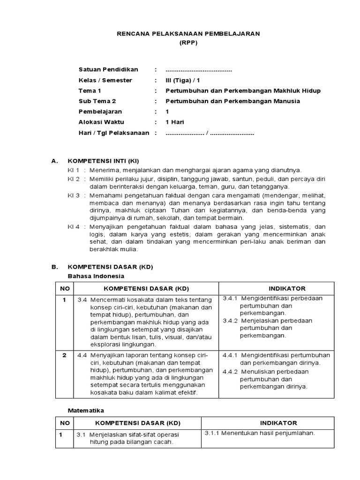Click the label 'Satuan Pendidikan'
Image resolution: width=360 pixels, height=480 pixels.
pos(105,70)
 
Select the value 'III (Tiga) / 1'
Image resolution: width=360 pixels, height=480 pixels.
pos(186,80)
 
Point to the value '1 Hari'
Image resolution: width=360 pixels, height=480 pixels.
pos(175,122)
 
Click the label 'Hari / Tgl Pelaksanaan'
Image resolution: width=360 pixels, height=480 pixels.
pos(114,133)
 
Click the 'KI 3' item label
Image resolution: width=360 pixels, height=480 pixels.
pos(74,195)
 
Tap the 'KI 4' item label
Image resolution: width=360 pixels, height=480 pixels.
pos(74,226)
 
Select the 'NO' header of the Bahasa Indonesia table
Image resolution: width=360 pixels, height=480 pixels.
pos(64,288)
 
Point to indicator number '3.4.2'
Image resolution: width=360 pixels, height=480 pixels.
pos(230,321)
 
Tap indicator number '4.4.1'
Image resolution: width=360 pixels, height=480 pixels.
pos(230,355)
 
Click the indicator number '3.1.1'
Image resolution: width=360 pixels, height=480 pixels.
pos(213,433)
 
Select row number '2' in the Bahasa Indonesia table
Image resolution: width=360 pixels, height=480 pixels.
pos(64,355)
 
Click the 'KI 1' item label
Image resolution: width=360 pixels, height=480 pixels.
pos(74,170)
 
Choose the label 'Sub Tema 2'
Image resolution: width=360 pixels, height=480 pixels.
pos(97,101)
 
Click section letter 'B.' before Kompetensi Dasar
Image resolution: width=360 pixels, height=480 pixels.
pos(54,267)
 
